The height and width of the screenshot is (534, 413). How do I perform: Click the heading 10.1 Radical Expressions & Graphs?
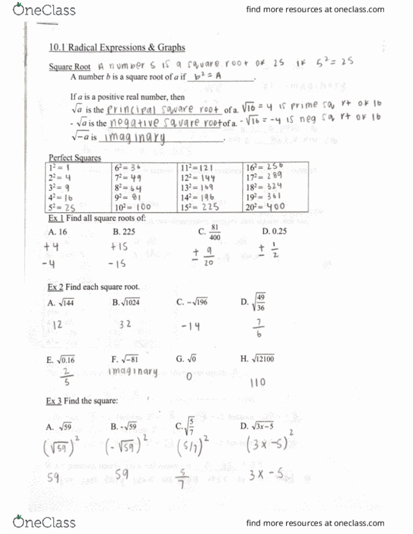tap(117, 47)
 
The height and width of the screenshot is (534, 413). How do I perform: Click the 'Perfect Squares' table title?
tap(75, 158)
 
